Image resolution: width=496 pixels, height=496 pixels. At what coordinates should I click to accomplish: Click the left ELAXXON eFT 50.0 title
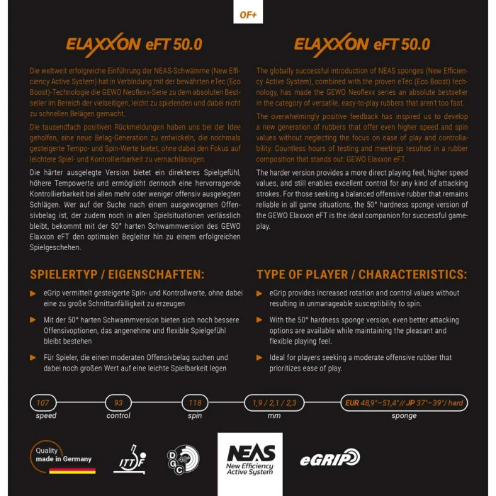(134, 43)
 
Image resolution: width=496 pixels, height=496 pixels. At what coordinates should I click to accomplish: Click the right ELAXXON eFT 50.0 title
(361, 43)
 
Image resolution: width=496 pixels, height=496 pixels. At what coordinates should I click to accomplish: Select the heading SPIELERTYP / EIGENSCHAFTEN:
(117, 274)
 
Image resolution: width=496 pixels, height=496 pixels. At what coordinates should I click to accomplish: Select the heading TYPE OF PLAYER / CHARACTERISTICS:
(361, 274)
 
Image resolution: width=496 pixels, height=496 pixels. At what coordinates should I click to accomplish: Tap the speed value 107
(44, 402)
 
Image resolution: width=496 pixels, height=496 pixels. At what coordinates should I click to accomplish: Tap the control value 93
(118, 402)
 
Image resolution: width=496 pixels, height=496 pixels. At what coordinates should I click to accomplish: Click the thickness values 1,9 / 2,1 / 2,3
(274, 402)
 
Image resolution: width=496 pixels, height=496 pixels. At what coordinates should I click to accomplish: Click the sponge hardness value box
(404, 402)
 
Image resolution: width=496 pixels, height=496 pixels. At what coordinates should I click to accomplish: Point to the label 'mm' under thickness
(274, 416)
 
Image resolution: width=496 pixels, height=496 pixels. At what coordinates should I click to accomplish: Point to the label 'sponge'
(404, 416)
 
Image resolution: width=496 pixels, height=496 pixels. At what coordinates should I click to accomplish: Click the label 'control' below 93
(118, 416)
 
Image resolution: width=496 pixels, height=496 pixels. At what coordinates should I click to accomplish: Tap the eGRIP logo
(329, 458)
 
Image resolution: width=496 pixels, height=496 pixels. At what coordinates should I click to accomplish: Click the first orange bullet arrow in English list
(259, 293)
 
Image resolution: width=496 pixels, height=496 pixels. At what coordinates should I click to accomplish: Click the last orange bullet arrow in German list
(33, 358)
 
